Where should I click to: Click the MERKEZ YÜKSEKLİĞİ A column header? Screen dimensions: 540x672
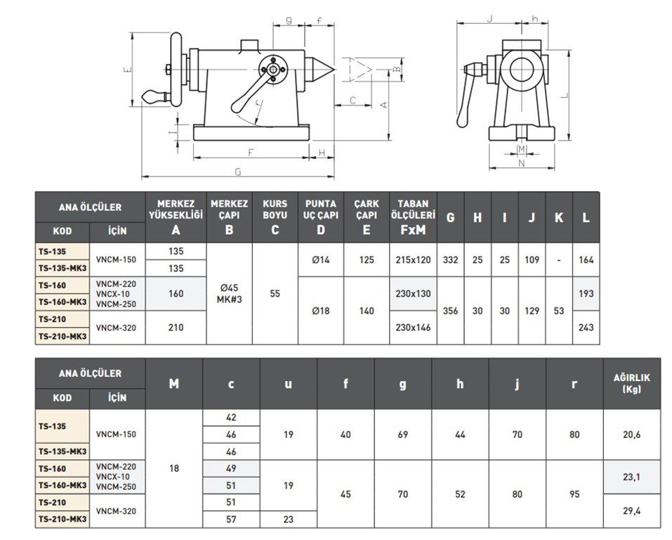point(176,217)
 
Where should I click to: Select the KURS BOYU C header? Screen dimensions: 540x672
point(275,217)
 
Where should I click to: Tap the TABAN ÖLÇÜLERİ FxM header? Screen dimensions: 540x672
point(414,217)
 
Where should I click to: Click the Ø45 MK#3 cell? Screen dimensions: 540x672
point(229,293)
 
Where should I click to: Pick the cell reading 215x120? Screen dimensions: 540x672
point(414,260)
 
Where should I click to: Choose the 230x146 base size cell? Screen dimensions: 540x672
point(414,327)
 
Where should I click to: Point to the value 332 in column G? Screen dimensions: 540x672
point(450,260)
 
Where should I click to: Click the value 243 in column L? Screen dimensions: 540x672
point(586,327)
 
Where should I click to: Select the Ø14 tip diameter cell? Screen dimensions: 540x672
point(320,260)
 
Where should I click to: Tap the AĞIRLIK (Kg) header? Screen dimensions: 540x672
point(632,383)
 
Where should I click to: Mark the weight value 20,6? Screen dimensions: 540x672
point(632,435)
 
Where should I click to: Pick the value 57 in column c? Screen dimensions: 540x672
point(231,520)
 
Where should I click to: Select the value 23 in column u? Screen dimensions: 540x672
point(289,520)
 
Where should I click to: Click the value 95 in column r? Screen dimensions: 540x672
point(574,494)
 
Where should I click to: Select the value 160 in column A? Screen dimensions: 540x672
point(176,293)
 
